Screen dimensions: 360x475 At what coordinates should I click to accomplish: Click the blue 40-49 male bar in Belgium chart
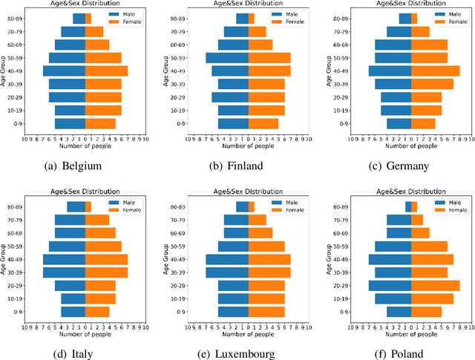pyautogui.click(x=64, y=71)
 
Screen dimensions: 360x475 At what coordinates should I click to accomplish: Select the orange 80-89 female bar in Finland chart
pyautogui.click(x=251, y=19)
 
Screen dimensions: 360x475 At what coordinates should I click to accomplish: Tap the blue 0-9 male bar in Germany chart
pyautogui.click(x=399, y=123)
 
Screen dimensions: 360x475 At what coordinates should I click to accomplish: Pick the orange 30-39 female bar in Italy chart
pyautogui.click(x=106, y=272)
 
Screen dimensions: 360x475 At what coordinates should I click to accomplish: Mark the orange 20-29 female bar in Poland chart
pyautogui.click(x=435, y=286)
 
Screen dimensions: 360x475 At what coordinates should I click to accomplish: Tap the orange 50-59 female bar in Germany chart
pyautogui.click(x=429, y=58)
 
